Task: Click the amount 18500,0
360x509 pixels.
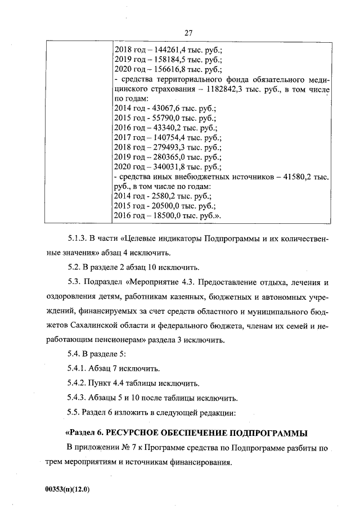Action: tap(167, 217)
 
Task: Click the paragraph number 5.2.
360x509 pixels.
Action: tap(74, 267)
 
